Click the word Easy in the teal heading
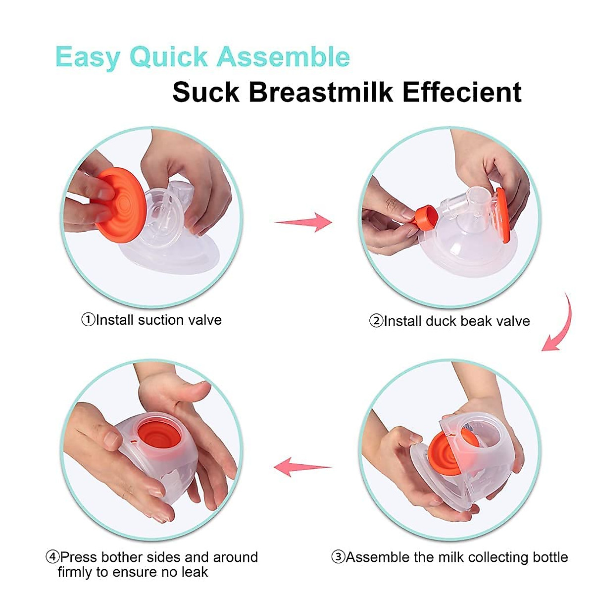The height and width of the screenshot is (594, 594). point(88,57)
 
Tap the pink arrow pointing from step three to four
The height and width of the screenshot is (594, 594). point(302,466)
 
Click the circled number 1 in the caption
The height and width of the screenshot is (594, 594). point(88,320)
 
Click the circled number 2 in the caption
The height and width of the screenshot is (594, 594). point(376,322)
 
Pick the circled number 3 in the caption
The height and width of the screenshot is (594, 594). point(338,558)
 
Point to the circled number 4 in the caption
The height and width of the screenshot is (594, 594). point(52,558)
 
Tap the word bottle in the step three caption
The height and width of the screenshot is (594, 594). point(550,557)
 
